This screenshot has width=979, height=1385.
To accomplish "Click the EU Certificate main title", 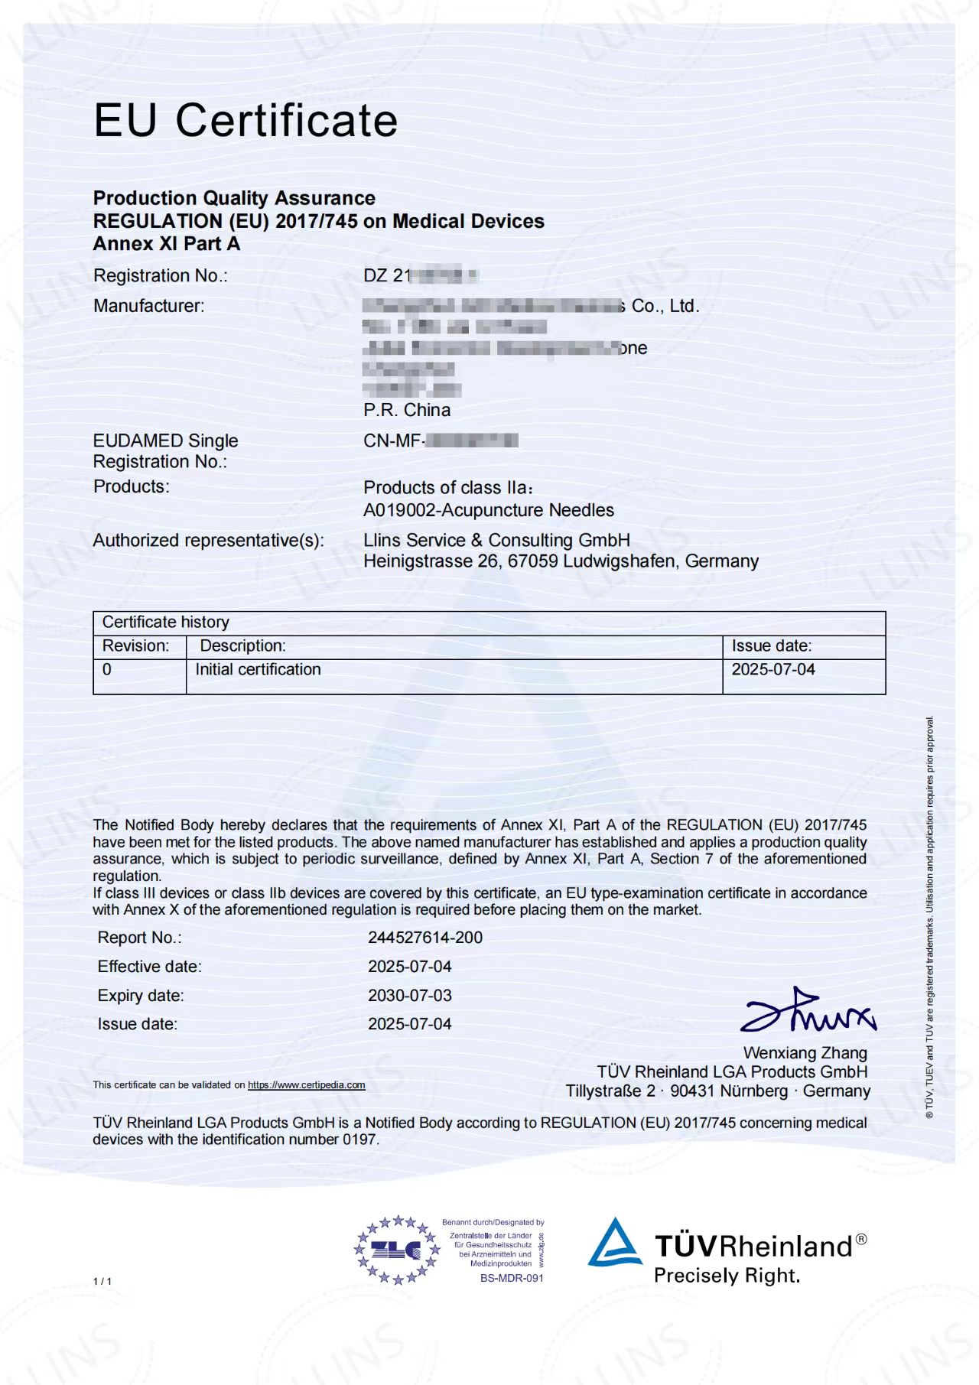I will point(246,120).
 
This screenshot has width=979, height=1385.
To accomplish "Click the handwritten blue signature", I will point(808,1011).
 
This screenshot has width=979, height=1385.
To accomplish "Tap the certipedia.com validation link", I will point(306,1084).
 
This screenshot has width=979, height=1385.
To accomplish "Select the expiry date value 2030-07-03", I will point(410,995).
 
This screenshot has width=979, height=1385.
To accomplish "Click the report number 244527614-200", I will point(425,937).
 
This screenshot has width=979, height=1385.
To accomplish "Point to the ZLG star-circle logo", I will point(397,1250).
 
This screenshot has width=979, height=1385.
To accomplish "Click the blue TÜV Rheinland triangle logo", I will point(615,1243).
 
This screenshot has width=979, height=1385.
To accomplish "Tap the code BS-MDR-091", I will point(512,1278).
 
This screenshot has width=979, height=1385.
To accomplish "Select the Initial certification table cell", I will point(258,669).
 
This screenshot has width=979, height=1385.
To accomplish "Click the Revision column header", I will point(136,645).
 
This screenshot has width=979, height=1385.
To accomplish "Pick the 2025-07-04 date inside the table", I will point(773,669).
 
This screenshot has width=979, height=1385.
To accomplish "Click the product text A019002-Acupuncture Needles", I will point(489,510).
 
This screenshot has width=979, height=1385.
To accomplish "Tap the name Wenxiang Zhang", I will point(805,1053).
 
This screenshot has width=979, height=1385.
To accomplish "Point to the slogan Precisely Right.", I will point(727,1276).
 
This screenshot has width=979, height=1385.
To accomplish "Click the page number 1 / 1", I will point(102,1281).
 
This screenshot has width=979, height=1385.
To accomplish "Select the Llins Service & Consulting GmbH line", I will point(496,540).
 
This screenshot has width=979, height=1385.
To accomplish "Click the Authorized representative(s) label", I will point(209,540).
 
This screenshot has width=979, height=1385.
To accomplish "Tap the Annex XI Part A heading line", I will point(167,244).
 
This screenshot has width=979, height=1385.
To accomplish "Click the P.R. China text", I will point(407,410).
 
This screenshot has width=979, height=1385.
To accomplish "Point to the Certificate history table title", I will point(166,622).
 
